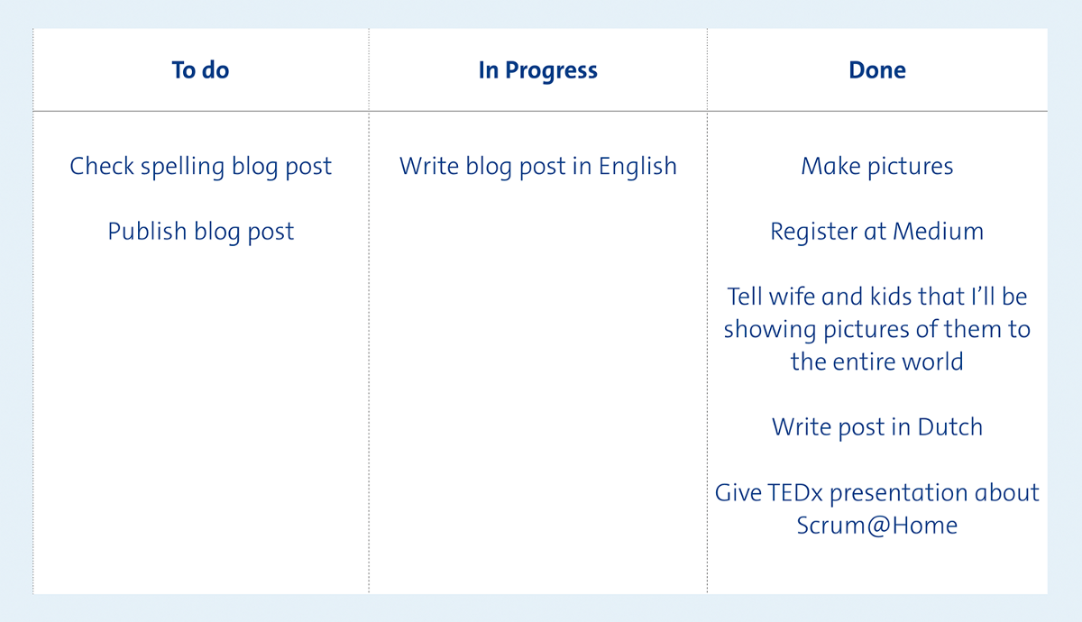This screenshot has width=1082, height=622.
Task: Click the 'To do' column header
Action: [x=200, y=70]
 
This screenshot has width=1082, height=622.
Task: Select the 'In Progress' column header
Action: [x=537, y=71]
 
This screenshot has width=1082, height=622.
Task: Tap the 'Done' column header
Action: [x=877, y=70]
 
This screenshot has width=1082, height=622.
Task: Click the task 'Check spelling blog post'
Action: [x=200, y=167]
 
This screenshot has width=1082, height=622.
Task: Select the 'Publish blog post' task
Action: [x=200, y=233]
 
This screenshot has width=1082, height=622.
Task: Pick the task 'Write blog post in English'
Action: [x=538, y=167]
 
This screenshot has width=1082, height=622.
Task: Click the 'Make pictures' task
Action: [x=877, y=167]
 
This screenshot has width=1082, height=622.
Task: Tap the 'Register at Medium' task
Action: [x=876, y=233]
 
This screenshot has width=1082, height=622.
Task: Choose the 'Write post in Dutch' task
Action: [x=877, y=428]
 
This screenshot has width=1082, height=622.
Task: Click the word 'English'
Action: [x=637, y=167]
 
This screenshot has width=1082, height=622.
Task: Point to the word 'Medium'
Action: [x=938, y=232]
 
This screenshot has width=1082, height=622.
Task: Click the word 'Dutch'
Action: [x=950, y=427]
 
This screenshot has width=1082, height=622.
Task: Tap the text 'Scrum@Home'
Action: [x=877, y=526]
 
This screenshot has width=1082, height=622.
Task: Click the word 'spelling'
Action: [x=182, y=167]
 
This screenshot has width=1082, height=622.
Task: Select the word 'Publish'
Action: [x=147, y=232]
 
